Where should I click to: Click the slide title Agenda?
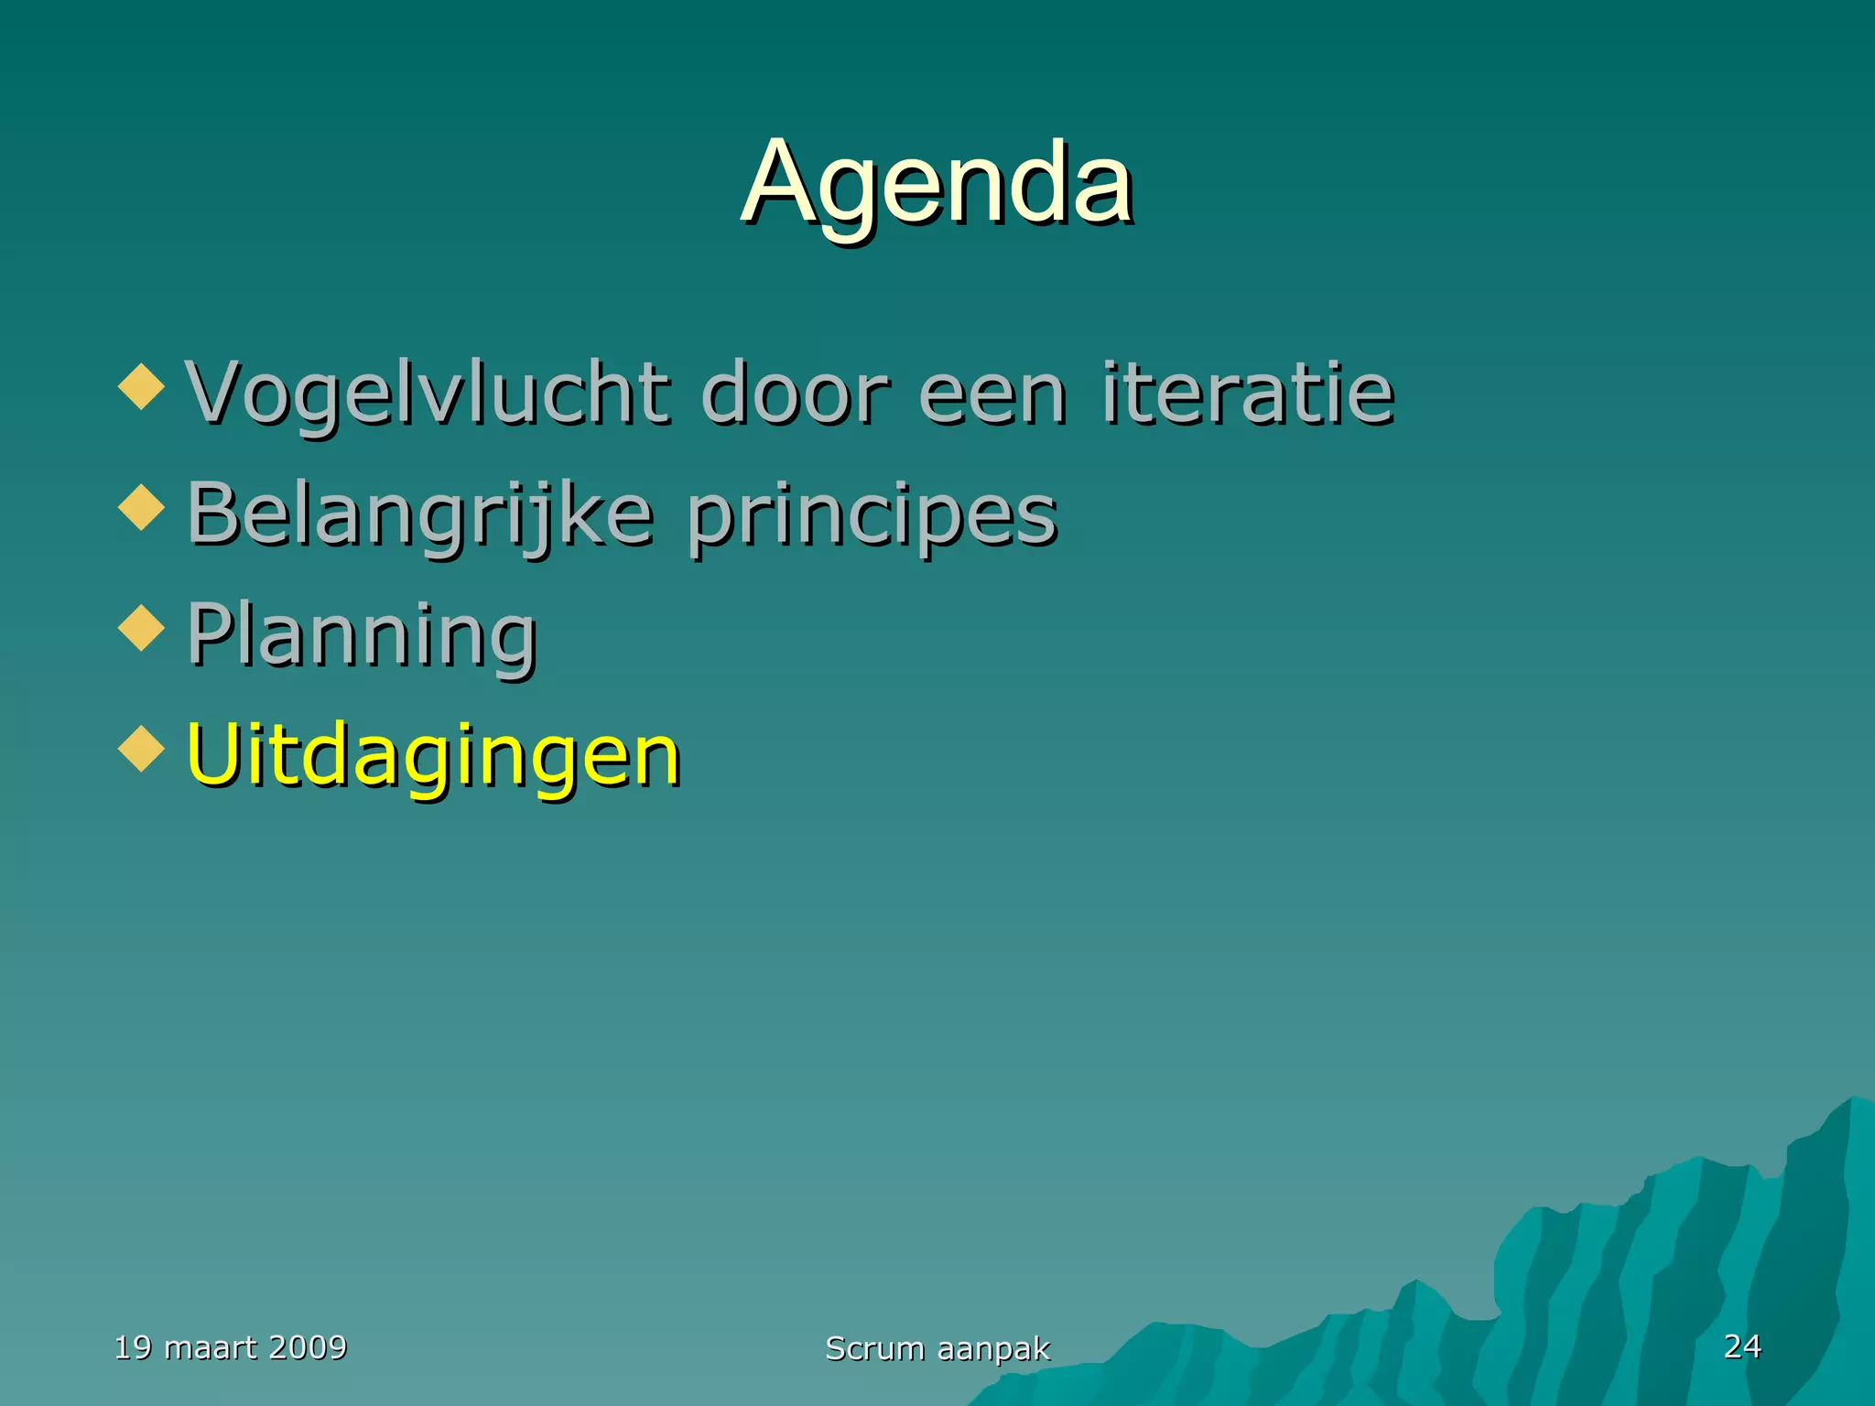pos(937,184)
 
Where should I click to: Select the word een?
pos(992,395)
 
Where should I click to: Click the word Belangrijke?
pos(420,514)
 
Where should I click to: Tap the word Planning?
pos(362,636)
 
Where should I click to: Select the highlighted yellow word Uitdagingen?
pos(433,756)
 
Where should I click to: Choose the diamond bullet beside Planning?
pos(142,628)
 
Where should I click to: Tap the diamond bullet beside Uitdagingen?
pos(142,748)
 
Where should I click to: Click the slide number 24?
pos(1742,1347)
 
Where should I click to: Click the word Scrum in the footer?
pos(875,1348)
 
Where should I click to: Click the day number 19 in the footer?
pos(133,1347)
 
